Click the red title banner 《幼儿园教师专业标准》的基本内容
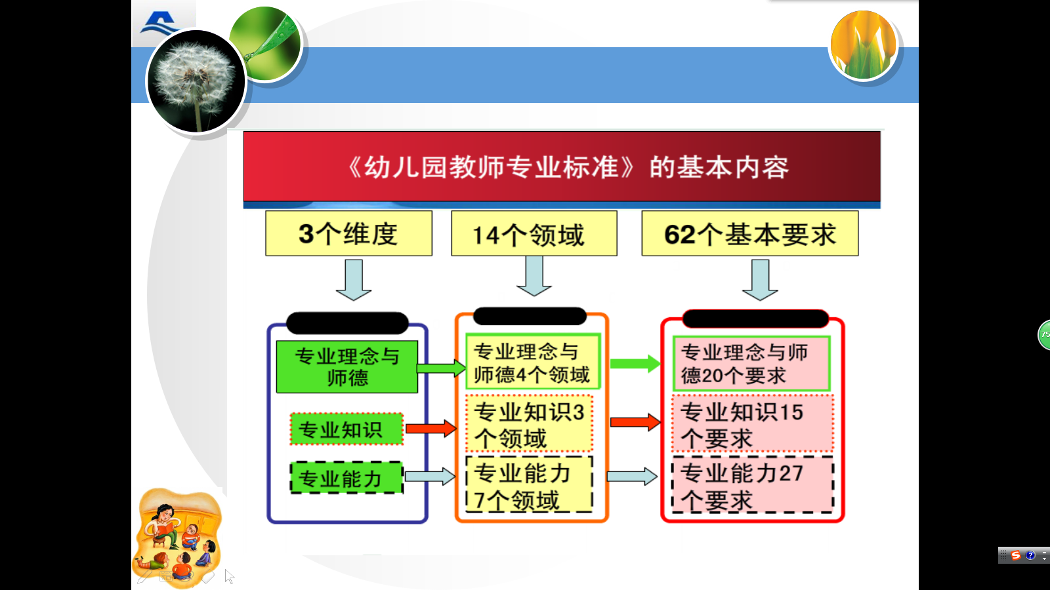click(562, 167)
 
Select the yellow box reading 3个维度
click(348, 233)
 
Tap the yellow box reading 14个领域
click(534, 233)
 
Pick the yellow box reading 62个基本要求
click(749, 233)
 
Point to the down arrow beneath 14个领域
click(534, 276)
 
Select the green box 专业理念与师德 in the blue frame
click(346, 366)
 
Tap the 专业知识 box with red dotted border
click(346, 429)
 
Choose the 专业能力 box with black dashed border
click(346, 478)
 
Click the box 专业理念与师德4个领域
click(532, 362)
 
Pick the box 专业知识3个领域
click(529, 424)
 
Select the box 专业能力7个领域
click(529, 485)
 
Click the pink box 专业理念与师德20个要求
click(751, 364)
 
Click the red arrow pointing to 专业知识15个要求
click(635, 422)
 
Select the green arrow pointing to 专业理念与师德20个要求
click(635, 363)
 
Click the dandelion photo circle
click(196, 81)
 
